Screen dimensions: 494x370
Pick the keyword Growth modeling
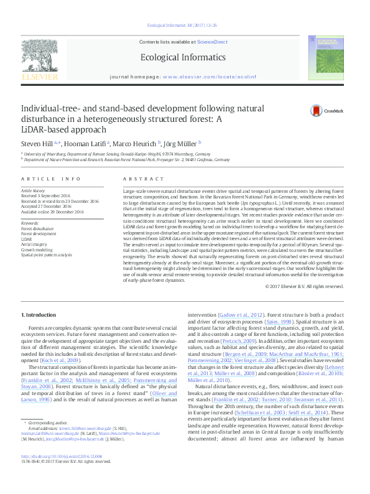[37, 249]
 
